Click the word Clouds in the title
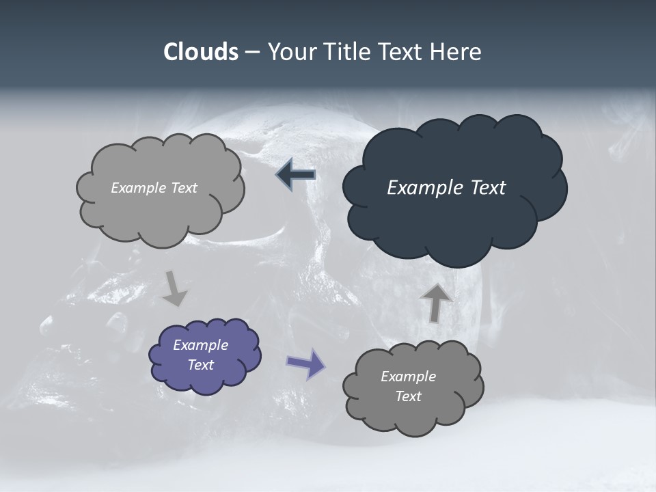(200, 52)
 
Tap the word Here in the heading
(456, 52)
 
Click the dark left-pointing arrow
(296, 175)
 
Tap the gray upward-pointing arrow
(435, 302)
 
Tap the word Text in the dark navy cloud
(488, 188)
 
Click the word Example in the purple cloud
(200, 345)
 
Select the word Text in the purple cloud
(201, 365)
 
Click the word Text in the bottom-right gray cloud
(408, 396)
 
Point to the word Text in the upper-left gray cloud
(184, 188)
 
